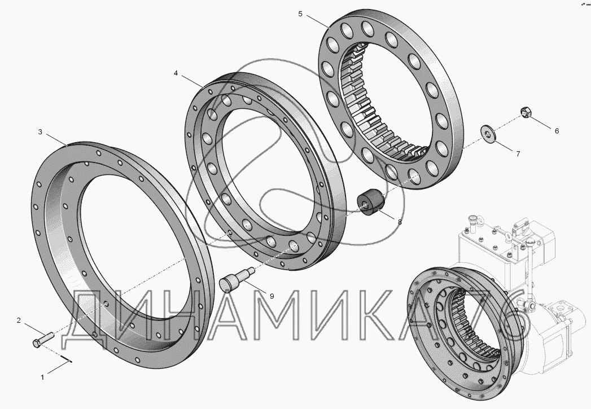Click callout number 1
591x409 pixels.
[x=42, y=377]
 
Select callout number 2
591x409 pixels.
[x=19, y=320]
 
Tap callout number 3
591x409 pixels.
[x=40, y=132]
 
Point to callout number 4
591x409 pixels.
[x=176, y=73]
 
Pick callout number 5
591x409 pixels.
[x=300, y=14]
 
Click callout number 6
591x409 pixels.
[x=557, y=131]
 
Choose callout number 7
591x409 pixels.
[x=518, y=153]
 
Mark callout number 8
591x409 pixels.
[x=400, y=222]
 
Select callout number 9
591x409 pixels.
[x=272, y=296]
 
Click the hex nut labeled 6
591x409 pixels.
[x=525, y=112]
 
